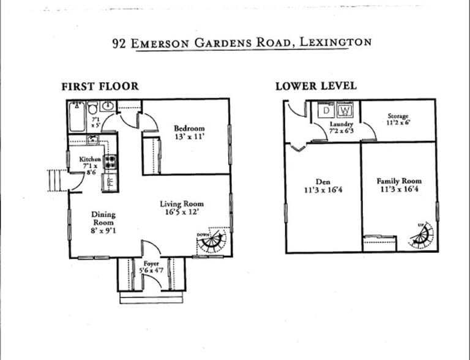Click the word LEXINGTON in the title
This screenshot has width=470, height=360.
[334, 43]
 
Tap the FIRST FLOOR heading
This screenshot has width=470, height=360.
[100, 86]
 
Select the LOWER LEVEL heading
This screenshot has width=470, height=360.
[316, 86]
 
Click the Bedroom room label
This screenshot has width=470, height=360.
[189, 129]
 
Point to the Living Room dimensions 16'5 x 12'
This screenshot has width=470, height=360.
[182, 212]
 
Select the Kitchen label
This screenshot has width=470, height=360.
[91, 159]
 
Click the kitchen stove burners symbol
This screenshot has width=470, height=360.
[110, 162]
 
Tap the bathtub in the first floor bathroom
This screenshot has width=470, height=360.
[77, 116]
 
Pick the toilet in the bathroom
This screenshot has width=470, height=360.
[93, 108]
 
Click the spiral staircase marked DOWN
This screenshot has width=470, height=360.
[212, 242]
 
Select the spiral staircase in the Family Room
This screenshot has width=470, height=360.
[422, 235]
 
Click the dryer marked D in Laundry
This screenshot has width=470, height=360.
[327, 110]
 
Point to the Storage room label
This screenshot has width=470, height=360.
[398, 116]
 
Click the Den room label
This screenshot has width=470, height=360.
[323, 182]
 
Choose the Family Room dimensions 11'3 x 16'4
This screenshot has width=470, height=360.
[399, 190]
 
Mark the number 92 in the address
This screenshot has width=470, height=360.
[119, 43]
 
